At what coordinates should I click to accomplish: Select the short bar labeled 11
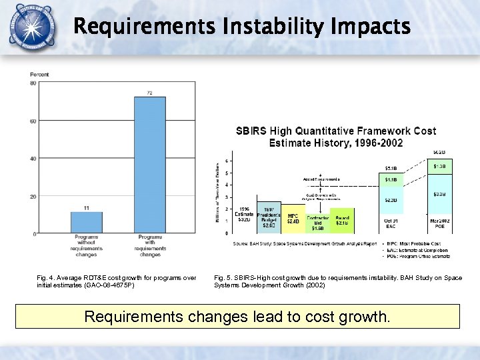pos(87,223)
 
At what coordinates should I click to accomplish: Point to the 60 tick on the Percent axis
pos(33,121)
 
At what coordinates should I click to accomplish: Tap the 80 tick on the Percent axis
pos(33,83)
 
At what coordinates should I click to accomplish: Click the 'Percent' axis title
pos(39,74)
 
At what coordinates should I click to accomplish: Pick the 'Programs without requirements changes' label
pos(87,245)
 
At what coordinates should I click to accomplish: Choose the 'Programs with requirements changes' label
pos(150,245)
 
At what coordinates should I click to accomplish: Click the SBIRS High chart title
pos(336,137)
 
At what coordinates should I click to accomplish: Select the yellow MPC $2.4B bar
pos(293,219)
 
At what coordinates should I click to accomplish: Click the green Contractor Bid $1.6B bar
pos(317,223)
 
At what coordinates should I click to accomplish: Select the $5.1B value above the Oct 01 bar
pos(391,168)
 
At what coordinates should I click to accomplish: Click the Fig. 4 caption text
pos(117,281)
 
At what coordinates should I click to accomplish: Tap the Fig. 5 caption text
pos(337,281)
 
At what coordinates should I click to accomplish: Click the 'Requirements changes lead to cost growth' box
pos(237,317)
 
